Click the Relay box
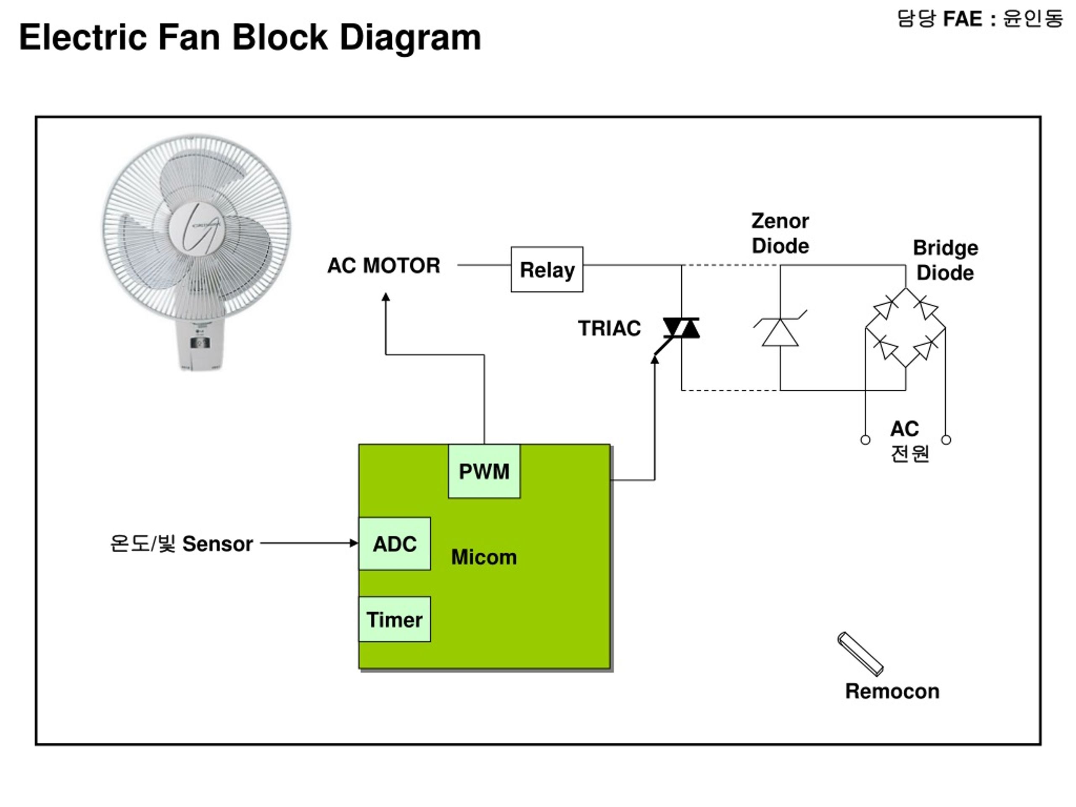click(x=547, y=269)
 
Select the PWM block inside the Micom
click(x=484, y=471)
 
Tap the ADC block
click(x=395, y=543)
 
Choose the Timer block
click(x=395, y=619)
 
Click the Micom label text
click(x=484, y=557)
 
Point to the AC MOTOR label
click(x=384, y=266)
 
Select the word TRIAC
click(x=609, y=328)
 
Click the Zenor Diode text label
click(x=780, y=234)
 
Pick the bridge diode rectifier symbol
click(x=905, y=327)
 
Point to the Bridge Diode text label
click(x=945, y=260)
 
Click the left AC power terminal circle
click(x=865, y=440)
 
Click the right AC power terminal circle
click(x=946, y=440)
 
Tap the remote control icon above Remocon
click(x=860, y=654)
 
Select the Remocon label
click(x=892, y=691)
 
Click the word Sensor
click(x=217, y=544)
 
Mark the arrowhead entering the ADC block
click(x=354, y=543)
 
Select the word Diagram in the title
click(x=410, y=38)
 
